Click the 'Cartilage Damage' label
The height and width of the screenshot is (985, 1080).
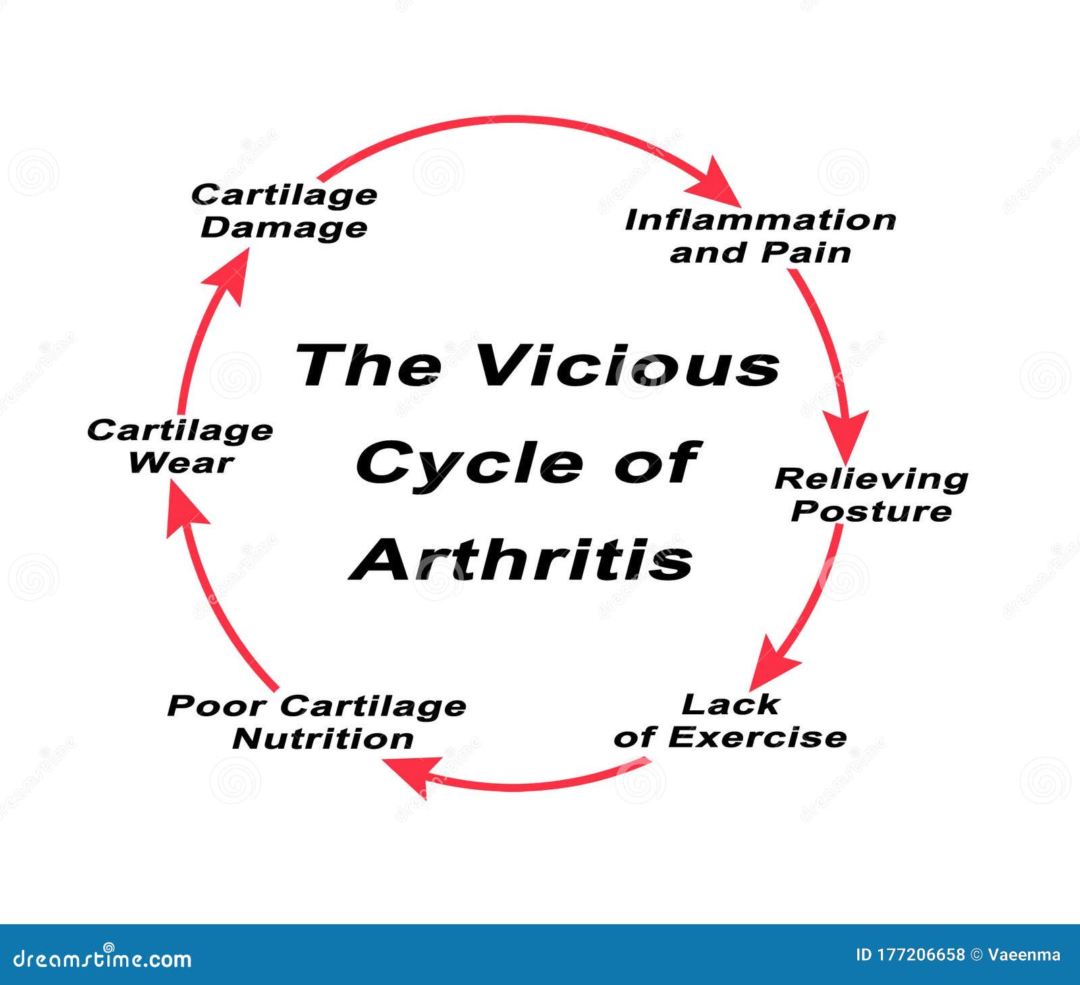[284, 211]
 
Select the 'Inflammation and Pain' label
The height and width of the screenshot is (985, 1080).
[761, 236]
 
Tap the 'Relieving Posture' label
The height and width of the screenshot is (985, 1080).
[871, 495]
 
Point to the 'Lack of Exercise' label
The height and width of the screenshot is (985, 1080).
[730, 721]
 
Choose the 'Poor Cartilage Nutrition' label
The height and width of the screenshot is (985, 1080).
[317, 722]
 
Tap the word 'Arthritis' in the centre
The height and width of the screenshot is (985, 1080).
[522, 560]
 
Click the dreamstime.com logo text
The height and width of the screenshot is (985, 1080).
[103, 957]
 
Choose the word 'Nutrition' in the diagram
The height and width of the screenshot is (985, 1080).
[323, 739]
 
